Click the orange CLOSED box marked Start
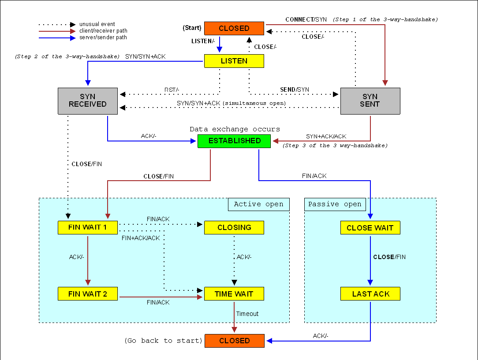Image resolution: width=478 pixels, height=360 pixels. [x=234, y=28]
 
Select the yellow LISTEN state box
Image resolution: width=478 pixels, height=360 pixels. [x=234, y=61]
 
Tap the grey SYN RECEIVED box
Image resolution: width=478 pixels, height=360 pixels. [x=88, y=101]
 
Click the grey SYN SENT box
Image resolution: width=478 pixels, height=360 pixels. [x=370, y=101]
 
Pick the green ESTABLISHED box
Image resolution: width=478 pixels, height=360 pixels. [x=234, y=141]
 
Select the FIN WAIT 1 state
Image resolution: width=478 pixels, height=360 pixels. [x=88, y=228]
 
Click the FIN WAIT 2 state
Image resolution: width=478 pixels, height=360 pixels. [x=88, y=294]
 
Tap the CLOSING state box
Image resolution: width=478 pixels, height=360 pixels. [x=234, y=228]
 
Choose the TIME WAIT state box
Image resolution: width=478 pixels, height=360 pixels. [x=234, y=294]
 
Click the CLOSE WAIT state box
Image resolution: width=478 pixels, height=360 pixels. [x=370, y=228]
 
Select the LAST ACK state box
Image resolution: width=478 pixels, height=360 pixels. [x=370, y=294]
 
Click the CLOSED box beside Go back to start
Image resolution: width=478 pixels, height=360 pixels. [x=234, y=341]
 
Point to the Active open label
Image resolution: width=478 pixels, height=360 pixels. [x=258, y=204]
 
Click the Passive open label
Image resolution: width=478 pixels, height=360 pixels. [x=335, y=204]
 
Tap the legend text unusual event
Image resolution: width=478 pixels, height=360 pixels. [x=97, y=24]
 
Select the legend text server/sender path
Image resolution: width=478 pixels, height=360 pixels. [x=103, y=37]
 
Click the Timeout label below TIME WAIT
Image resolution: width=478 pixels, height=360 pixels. [x=247, y=314]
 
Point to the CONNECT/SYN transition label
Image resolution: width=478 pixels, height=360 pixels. [x=306, y=20]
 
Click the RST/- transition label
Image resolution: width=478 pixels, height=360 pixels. [x=172, y=90]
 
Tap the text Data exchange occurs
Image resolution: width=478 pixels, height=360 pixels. [x=235, y=129]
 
